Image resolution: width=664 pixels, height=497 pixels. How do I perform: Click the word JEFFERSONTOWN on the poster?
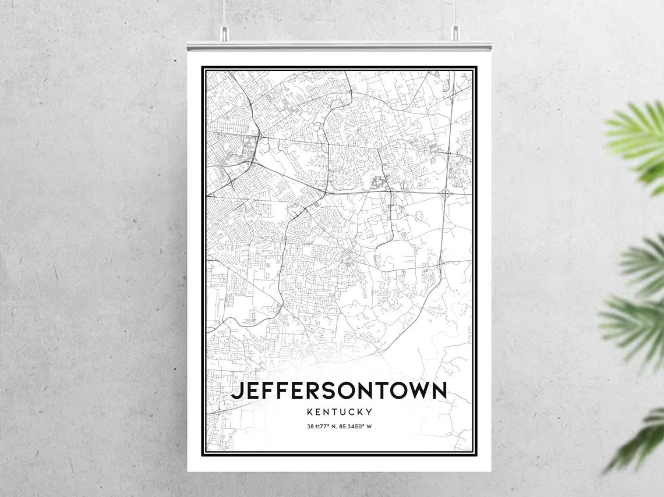339,390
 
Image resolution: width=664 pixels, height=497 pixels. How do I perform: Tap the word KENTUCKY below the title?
340,412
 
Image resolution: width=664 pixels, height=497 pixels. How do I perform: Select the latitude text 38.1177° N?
322,427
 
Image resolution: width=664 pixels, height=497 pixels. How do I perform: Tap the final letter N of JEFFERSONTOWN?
439,390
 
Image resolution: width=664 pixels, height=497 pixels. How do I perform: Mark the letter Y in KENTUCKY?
369,412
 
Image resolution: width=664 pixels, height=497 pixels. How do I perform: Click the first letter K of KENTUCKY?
309,412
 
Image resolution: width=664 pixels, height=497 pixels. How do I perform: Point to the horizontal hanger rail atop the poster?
339,45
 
